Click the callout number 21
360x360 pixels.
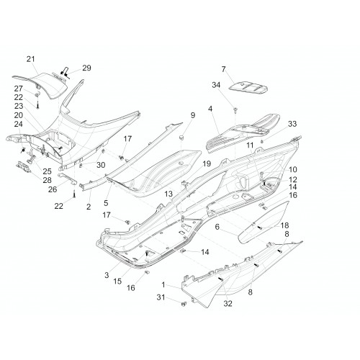30,59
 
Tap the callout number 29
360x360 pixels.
86,68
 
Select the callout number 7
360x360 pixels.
223,69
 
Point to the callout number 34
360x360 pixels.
216,85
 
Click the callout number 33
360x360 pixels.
292,124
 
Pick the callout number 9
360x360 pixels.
193,115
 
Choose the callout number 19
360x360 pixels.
207,164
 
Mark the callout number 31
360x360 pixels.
161,297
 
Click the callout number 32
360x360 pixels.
228,304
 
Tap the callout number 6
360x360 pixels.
217,227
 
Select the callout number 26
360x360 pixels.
53,189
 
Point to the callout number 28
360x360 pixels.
47,180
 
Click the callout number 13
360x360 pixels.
168,194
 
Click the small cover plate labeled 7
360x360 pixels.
248,87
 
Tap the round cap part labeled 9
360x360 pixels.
181,138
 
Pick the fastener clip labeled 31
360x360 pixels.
184,304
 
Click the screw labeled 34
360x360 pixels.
235,110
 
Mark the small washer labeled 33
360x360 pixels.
262,141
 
